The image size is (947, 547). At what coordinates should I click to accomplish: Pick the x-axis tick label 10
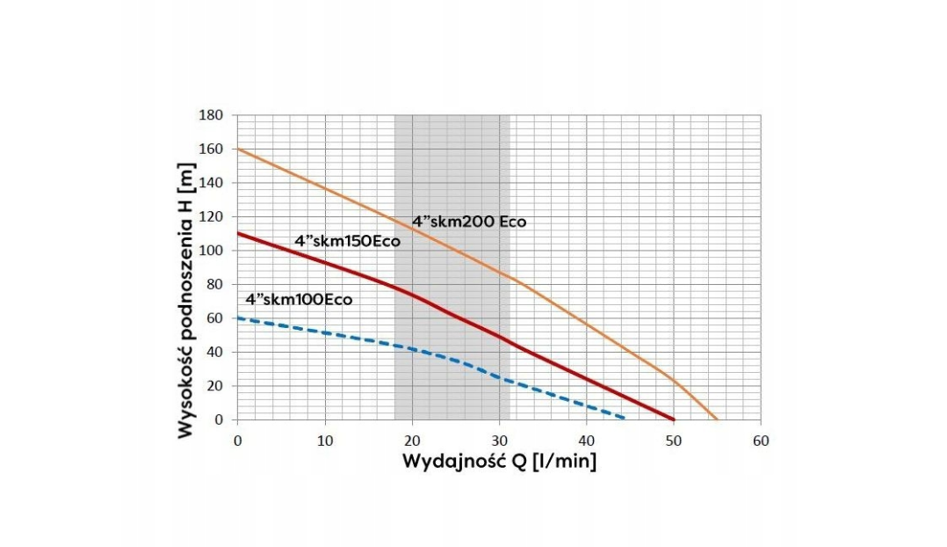click(324, 440)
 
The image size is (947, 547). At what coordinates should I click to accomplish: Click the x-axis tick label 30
click(499, 440)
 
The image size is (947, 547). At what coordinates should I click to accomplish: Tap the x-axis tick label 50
click(674, 440)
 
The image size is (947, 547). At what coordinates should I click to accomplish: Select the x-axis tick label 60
click(761, 440)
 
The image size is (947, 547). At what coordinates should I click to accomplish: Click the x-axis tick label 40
click(586, 440)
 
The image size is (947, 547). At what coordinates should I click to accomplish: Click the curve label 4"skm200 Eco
click(469, 222)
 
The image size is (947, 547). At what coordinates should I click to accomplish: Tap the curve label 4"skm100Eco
click(299, 299)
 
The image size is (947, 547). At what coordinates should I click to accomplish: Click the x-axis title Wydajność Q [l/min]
click(499, 462)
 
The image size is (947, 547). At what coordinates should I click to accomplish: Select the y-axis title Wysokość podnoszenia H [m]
click(185, 300)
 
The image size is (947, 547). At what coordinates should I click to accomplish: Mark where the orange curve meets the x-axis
click(717, 419)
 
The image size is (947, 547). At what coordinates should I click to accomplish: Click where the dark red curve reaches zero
click(674, 419)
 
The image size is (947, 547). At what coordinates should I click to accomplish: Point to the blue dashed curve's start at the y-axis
click(237, 317)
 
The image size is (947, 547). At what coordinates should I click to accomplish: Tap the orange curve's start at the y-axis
click(237, 149)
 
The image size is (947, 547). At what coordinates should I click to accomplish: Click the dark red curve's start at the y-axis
click(237, 233)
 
